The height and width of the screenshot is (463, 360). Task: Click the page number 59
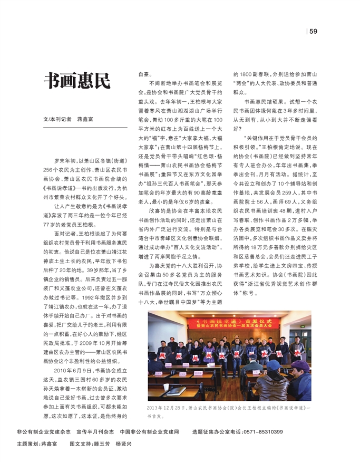313,32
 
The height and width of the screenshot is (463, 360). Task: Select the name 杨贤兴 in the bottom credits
123,444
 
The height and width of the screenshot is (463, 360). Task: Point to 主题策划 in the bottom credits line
28,444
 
